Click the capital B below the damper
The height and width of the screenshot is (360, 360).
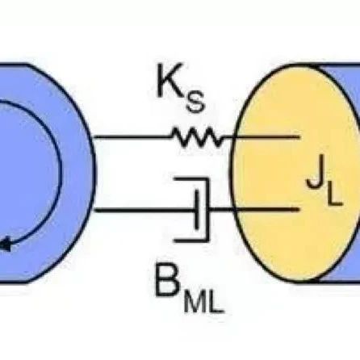(x=168, y=280)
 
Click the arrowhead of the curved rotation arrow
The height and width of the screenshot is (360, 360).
(x=5, y=245)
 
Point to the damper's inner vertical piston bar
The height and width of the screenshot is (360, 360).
(x=197, y=209)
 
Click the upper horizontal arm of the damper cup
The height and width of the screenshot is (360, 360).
(x=191, y=179)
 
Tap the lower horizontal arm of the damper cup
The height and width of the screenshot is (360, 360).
(x=191, y=240)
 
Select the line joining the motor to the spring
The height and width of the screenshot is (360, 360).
(x=132, y=137)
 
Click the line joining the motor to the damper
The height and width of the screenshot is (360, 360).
(x=144, y=210)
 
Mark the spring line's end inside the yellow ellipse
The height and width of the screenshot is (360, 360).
(x=299, y=137)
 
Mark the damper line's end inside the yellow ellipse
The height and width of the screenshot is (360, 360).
(x=299, y=209)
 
